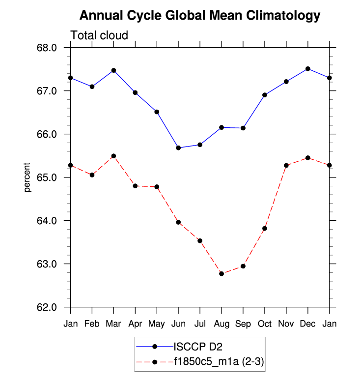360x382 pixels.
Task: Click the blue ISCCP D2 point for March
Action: (x=114, y=70)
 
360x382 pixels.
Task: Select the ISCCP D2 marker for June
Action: (x=178, y=147)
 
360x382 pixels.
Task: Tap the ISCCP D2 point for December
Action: (x=308, y=69)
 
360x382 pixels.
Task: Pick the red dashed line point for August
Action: (x=222, y=273)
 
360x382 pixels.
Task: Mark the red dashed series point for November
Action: (x=286, y=165)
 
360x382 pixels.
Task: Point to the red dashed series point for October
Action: (x=265, y=228)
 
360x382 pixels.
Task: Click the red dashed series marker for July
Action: (x=200, y=240)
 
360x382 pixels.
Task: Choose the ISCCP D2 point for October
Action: (x=265, y=95)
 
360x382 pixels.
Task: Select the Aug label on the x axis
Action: (x=222, y=324)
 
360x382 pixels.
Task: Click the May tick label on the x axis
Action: (x=157, y=324)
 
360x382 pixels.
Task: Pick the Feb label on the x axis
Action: (x=92, y=324)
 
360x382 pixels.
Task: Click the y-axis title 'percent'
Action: (x=28, y=177)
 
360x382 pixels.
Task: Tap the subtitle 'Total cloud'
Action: (x=99, y=35)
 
